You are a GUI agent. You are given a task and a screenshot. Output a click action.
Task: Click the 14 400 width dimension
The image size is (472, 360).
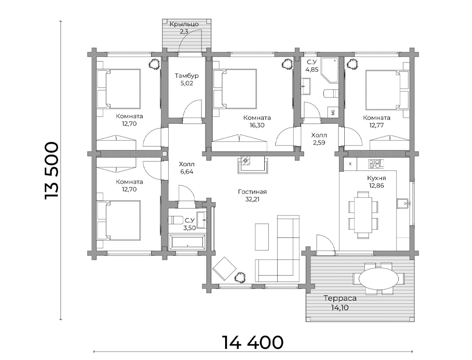pos(253,342)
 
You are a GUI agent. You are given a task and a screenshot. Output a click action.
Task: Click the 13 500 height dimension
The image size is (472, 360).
pos(51,170)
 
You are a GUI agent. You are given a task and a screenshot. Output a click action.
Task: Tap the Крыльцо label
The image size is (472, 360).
pos(184,24)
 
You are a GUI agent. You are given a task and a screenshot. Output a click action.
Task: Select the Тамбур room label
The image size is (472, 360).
pos(187,76)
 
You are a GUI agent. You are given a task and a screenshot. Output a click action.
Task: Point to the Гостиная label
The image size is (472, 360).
pos(252,192)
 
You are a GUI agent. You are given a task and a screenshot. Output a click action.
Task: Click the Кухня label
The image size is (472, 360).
pos(376,178)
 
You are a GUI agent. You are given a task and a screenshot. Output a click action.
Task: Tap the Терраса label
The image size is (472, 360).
pos(340,299)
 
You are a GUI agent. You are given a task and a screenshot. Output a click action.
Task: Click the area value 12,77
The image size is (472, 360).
pos(376,125)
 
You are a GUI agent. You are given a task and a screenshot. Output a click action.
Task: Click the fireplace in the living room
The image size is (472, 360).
pos(252,164)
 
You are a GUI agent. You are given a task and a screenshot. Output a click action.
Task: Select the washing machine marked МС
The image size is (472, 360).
pos(333,112)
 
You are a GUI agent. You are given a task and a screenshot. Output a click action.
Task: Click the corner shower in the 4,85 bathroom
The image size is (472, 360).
pos(330,70)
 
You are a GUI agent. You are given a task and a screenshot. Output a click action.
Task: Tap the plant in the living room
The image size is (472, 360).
pos(241,277)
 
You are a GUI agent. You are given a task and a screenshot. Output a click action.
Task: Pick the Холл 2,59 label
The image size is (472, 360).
pos(319,139)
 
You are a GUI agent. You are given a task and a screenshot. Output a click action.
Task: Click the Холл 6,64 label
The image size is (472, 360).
pos(187,168)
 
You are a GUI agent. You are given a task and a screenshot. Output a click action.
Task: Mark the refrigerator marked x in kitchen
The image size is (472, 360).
pos(350,164)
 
